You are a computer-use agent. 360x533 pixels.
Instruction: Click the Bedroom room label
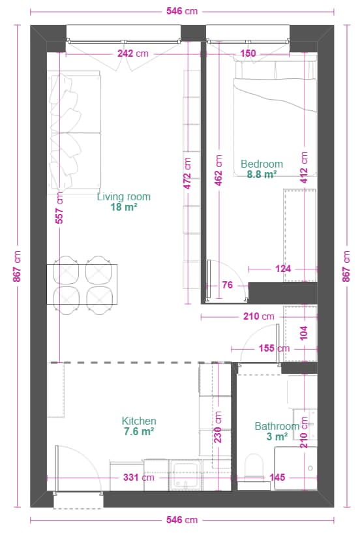coord(262,164)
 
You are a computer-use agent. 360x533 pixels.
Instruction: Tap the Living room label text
coord(124,196)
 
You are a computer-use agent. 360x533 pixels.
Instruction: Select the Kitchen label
coord(139,421)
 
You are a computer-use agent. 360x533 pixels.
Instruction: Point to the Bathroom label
coord(277,426)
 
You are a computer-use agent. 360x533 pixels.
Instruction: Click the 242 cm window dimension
coord(133,53)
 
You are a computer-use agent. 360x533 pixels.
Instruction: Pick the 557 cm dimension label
coord(59,207)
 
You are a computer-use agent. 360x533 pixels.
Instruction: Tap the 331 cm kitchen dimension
coord(139,478)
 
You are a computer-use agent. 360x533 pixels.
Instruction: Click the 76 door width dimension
coord(227,285)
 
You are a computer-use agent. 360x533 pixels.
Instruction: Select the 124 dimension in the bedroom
coord(283,269)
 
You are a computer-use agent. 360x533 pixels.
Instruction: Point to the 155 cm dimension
coord(274,348)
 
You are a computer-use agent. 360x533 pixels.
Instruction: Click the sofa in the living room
coord(74,132)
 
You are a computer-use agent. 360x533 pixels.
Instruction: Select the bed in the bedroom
coord(275,118)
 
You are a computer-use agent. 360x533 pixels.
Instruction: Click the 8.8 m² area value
coord(262,174)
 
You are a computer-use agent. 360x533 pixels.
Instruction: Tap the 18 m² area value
coord(124,207)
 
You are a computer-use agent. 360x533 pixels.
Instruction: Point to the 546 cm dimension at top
coord(182,11)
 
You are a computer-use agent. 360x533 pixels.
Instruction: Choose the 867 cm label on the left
coord(17,266)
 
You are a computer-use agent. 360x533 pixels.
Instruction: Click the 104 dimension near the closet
coord(304,333)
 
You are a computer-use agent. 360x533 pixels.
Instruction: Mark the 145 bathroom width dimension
coord(277,478)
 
